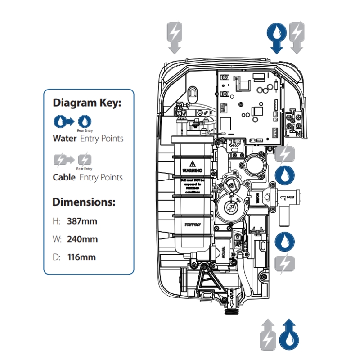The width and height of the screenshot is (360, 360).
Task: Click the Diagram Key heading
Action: tap(87, 103)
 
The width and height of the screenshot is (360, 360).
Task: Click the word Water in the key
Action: tap(65, 139)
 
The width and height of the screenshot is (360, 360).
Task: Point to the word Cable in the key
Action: tap(64, 177)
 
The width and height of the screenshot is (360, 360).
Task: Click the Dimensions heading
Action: tap(84, 202)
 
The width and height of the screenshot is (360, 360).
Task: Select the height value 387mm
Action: tap(82, 221)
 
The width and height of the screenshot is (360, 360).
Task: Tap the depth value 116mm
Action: tap(81, 257)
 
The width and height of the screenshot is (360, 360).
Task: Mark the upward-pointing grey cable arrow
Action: tap(268, 334)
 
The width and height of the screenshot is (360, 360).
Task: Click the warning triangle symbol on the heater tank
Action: tap(192, 163)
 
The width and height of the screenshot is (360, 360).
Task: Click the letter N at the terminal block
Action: tap(298, 134)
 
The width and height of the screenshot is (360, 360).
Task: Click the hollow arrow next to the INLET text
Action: tap(283, 197)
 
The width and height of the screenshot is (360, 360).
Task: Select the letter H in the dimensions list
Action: tap(56, 221)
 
